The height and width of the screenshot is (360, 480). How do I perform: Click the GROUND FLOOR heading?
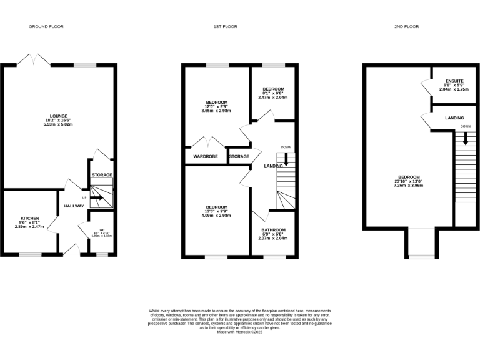pyautogui.click(x=46, y=27)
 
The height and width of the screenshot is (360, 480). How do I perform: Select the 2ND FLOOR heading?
pyautogui.click(x=406, y=27)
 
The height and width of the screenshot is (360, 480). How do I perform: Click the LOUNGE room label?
pyautogui.click(x=59, y=116)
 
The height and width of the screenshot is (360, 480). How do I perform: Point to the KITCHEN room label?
pyautogui.click(x=30, y=218)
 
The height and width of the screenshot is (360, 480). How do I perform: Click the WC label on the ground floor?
pyautogui.click(x=101, y=229)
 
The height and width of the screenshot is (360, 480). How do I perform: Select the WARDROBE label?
pyautogui.click(x=205, y=156)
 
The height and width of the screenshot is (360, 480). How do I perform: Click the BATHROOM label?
pyautogui.click(x=273, y=230)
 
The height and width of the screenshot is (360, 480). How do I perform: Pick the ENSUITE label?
pyautogui.click(x=454, y=81)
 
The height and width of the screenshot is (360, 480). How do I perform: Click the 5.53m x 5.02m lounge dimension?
pyautogui.click(x=59, y=124)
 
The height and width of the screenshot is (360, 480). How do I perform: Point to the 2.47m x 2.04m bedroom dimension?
pyautogui.click(x=273, y=97)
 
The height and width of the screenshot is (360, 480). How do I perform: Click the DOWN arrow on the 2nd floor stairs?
pyautogui.click(x=465, y=140)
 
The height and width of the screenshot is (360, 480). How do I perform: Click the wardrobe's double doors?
pyautogui.click(x=206, y=142)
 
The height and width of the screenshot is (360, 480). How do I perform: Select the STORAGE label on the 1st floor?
pyautogui.click(x=239, y=156)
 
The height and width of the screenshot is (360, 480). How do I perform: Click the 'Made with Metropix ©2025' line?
pyautogui.click(x=240, y=332)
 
